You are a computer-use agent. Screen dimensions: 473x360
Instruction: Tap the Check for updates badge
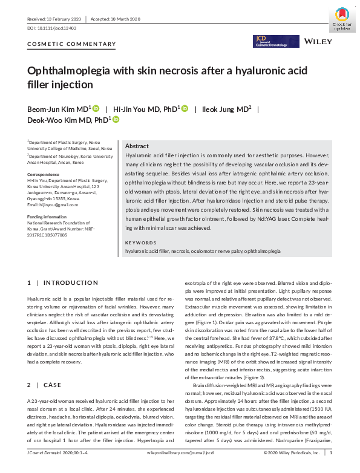pyautogui.click(x=342, y=18)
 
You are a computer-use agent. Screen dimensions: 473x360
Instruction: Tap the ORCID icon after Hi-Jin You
pyautogui.click(x=185, y=108)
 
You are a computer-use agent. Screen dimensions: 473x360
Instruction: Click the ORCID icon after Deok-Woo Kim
pyautogui.click(x=116, y=120)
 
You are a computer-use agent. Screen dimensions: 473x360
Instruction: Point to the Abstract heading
pyautogui.click(x=137, y=146)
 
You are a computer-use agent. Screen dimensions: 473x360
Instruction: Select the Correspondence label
pyautogui.click(x=43, y=174)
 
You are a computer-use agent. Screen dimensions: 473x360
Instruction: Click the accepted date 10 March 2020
pyautogui.click(x=124, y=19)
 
